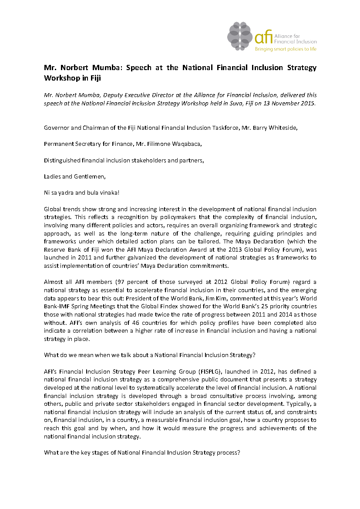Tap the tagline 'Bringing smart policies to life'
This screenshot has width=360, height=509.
[286, 49]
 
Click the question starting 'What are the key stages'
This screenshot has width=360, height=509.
[142, 452]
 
